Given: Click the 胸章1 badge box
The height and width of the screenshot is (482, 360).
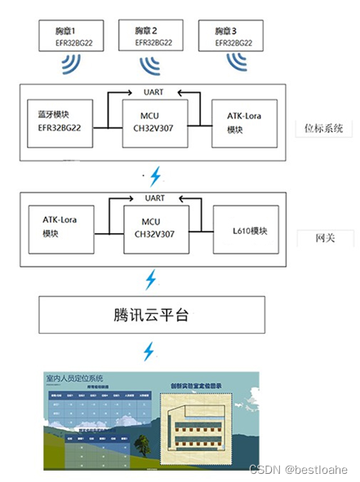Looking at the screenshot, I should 66,34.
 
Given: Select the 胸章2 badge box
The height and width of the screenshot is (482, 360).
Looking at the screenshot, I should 152,34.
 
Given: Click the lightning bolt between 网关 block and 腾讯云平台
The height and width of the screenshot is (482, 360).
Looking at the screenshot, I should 150,279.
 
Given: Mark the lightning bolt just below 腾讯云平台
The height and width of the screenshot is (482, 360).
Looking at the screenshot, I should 150,352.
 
